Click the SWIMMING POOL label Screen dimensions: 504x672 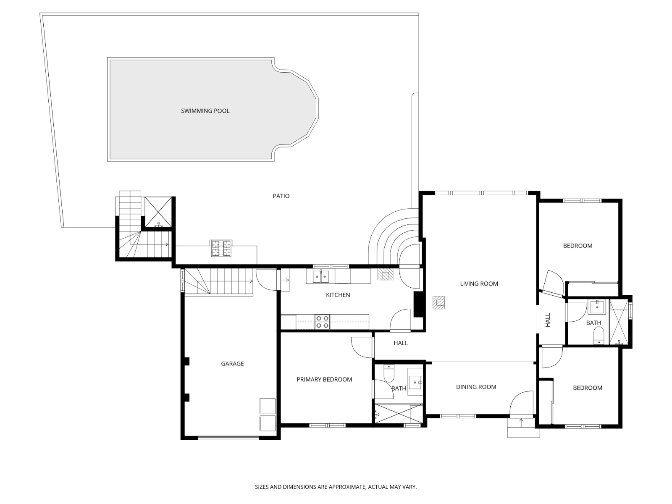click(205, 111)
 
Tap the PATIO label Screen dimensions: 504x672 click(281, 196)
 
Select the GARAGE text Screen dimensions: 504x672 click(232, 364)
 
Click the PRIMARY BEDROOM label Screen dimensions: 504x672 click(324, 379)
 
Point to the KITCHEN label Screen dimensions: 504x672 click(338, 295)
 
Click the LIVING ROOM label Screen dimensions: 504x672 click(479, 283)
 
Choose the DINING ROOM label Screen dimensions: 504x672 click(476, 387)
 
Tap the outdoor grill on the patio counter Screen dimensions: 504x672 click(221, 248)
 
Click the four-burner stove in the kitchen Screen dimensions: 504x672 click(323, 322)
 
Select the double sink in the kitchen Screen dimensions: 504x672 click(321, 277)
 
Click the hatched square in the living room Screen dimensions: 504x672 click(439, 302)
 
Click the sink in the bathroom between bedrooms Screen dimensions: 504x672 click(596, 307)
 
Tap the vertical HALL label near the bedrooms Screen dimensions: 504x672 click(548, 320)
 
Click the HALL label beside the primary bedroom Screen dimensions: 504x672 click(400, 343)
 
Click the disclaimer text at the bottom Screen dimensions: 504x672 click(336, 487)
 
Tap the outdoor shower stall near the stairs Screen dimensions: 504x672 click(158, 212)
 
